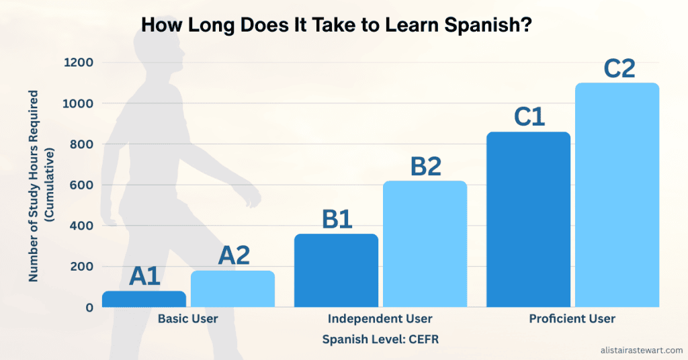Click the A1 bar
coord(144,300)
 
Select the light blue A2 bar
coord(232,289)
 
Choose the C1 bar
coord(528,220)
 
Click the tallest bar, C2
coord(617,195)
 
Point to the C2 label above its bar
coord(619,68)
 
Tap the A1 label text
coord(144,276)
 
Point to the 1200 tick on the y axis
coord(79,62)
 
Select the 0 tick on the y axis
coord(89,308)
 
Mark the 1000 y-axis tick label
coord(79,103)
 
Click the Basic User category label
coord(187,319)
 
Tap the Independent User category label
coord(380,319)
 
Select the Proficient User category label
coord(572,319)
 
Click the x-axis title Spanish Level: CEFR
coord(380,339)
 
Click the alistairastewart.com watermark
coord(641,350)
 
